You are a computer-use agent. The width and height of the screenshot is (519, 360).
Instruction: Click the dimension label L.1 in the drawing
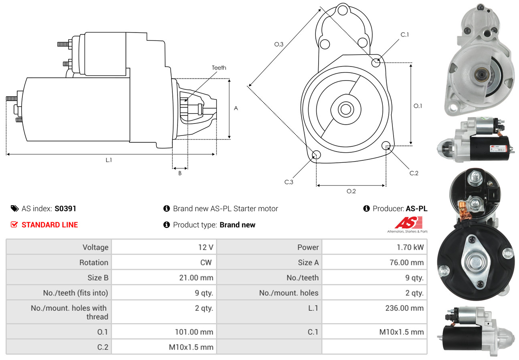click(x=109, y=160)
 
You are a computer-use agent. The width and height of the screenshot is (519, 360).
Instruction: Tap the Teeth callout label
click(x=219, y=68)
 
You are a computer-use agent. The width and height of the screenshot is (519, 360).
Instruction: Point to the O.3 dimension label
click(x=279, y=44)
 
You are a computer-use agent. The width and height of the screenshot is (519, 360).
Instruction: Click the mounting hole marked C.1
click(x=376, y=63)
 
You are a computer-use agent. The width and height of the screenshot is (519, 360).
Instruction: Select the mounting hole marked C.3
click(x=316, y=155)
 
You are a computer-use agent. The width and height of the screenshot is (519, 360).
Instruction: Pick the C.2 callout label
click(x=414, y=173)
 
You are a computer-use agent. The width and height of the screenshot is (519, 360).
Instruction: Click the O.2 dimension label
click(x=351, y=191)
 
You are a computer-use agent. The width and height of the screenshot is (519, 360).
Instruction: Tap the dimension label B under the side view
click(x=180, y=174)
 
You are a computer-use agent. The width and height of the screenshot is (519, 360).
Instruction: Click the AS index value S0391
click(x=65, y=208)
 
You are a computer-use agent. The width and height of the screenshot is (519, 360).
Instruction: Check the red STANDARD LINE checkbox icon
click(x=14, y=224)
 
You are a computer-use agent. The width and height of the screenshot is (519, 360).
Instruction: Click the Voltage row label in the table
click(x=95, y=247)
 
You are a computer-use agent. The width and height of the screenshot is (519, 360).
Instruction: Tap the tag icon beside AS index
click(x=14, y=208)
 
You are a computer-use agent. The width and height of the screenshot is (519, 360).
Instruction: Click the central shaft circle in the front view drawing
click(x=344, y=109)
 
